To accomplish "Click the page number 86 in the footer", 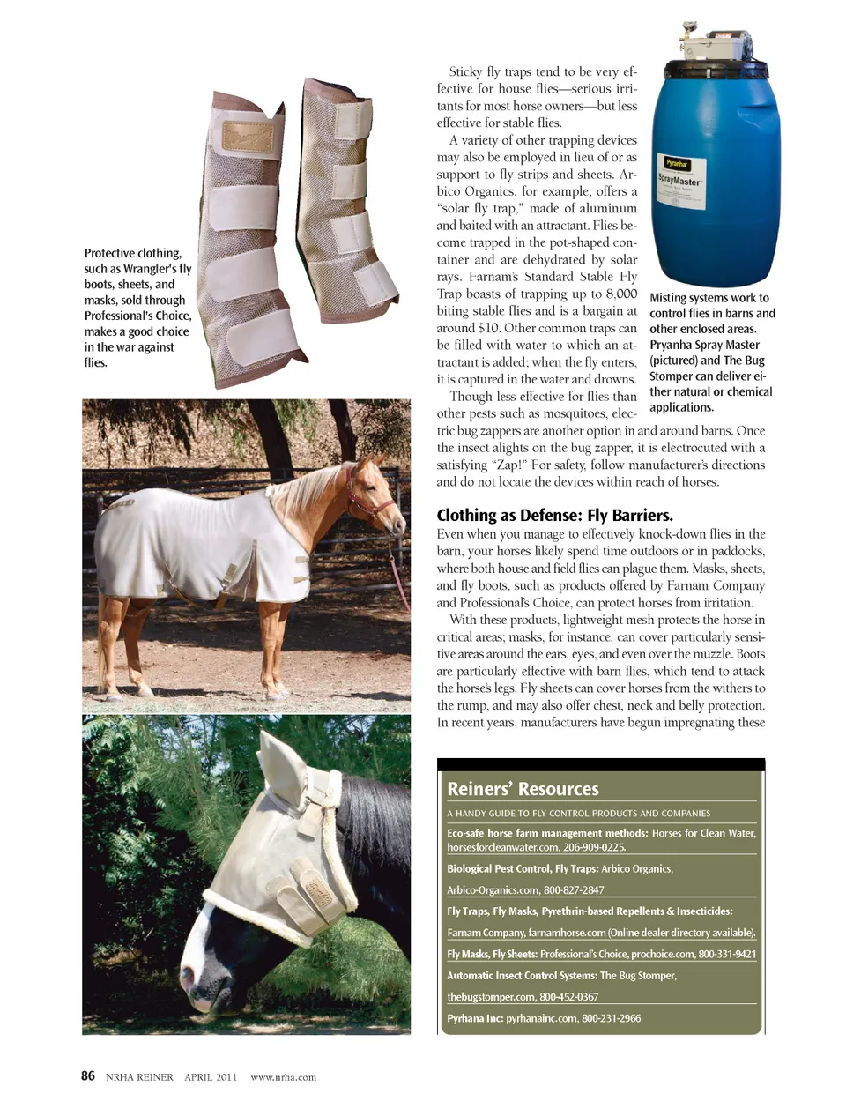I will pos(88,1075).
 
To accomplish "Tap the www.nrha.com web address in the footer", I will pos(283,1076).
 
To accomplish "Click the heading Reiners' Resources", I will pos(523,789).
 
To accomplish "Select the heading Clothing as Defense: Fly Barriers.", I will pos(554,516).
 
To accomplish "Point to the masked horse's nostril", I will pos(188,974).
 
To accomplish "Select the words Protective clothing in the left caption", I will pos(132,253).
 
